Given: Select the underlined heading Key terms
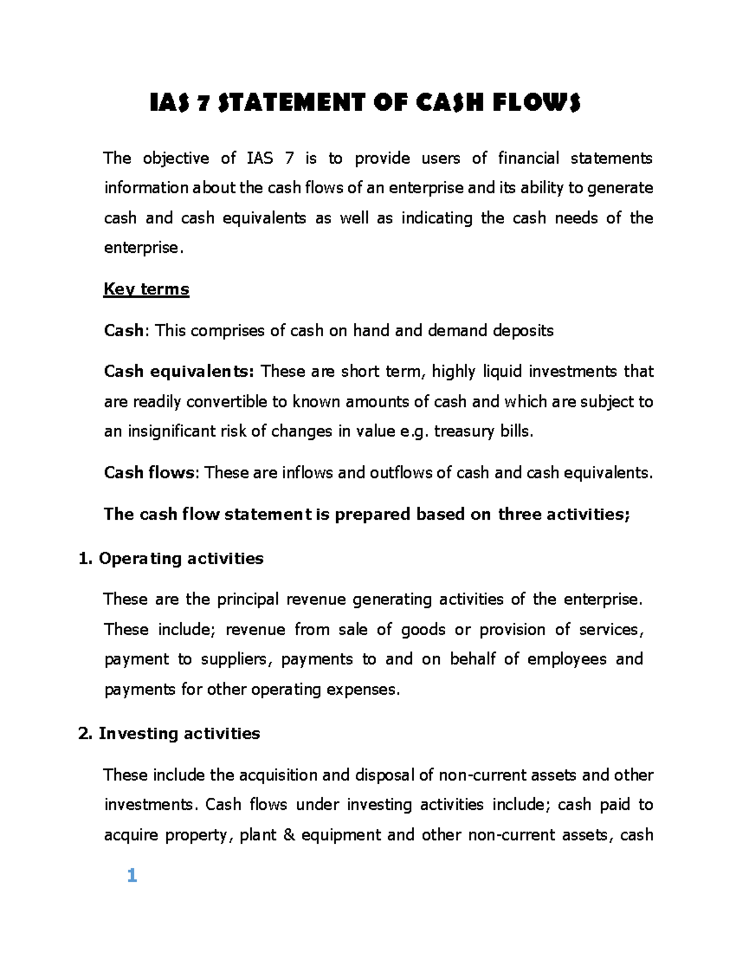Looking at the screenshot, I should [146, 289].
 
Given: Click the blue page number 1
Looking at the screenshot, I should [132, 876].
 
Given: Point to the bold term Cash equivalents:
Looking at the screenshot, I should [178, 371].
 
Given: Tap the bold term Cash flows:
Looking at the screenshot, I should [151, 473].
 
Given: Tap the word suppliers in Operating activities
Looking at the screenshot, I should [236, 659].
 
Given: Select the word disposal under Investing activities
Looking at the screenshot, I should [385, 775].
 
